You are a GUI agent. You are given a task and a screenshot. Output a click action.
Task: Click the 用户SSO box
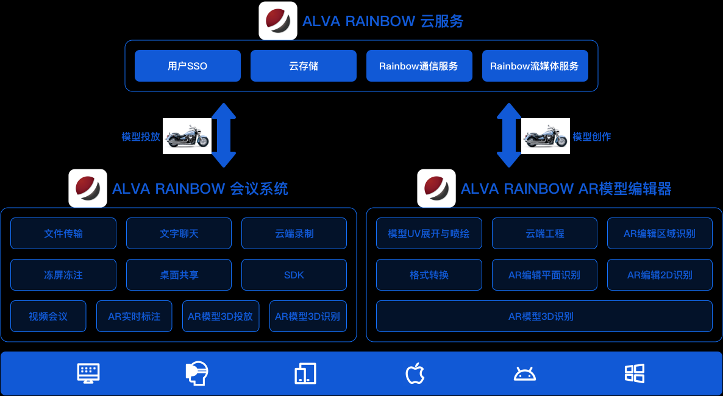click(x=187, y=66)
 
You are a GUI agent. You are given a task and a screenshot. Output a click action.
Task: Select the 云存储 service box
click(x=303, y=66)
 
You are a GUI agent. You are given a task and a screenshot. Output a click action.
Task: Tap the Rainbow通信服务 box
click(x=419, y=66)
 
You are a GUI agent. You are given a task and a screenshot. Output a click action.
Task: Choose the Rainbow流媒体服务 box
click(x=535, y=66)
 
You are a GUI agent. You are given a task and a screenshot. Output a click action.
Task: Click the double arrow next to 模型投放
click(x=224, y=135)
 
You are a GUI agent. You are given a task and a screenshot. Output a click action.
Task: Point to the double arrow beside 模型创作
click(x=509, y=135)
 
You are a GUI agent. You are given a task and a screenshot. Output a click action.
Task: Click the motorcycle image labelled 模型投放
click(x=187, y=136)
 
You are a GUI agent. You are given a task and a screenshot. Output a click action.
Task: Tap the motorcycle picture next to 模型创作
click(x=546, y=136)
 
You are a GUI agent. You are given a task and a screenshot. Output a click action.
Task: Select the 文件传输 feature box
click(x=63, y=233)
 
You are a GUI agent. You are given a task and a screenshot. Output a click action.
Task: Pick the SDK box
click(x=294, y=275)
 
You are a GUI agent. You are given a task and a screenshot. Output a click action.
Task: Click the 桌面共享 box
click(x=179, y=275)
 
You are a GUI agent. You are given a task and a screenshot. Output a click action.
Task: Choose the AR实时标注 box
click(x=134, y=316)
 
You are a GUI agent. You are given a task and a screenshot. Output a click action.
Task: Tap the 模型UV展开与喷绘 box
click(x=429, y=233)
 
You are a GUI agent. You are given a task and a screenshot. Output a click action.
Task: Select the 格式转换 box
click(x=429, y=275)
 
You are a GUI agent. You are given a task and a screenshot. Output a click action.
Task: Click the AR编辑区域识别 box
click(x=660, y=233)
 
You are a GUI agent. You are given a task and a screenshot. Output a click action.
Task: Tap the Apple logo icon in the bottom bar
click(x=415, y=373)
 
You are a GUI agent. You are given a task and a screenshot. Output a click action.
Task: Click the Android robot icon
click(x=524, y=373)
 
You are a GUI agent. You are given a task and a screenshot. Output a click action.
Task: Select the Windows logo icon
click(x=635, y=373)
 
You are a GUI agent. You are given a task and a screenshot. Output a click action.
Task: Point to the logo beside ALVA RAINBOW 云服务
click(x=278, y=21)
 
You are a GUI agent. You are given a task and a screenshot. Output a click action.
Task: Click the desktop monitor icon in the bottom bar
click(x=88, y=373)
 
